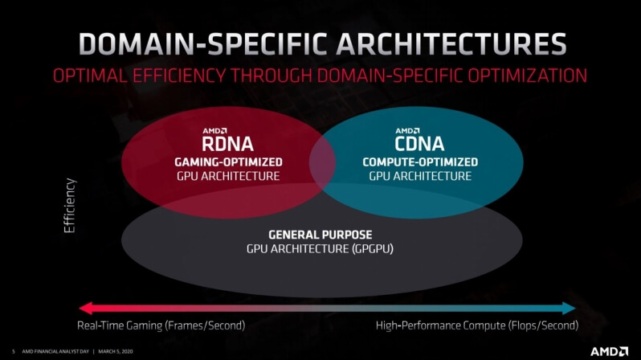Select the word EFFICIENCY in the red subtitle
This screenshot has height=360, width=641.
(178, 76)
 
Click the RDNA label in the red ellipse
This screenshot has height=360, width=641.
(227, 144)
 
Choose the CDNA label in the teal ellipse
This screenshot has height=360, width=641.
(419, 144)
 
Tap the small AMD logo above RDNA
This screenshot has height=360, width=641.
(214, 131)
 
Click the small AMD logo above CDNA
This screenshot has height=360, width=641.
(407, 131)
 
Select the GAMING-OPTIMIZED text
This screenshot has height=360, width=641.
(228, 162)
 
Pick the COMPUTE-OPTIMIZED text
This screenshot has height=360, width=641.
(420, 162)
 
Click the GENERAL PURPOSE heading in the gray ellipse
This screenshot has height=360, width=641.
(320, 235)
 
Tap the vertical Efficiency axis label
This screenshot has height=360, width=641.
(70, 206)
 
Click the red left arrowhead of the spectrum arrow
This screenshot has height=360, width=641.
(85, 308)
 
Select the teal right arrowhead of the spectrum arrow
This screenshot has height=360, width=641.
(569, 308)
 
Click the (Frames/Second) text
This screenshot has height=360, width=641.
(205, 325)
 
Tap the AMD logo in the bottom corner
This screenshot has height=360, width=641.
(609, 351)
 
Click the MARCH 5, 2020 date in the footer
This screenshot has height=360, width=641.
(116, 351)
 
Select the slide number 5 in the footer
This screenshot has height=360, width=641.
(14, 351)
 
